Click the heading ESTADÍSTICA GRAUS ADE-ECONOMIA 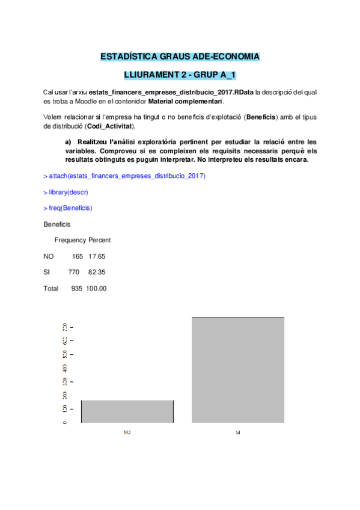click(180, 57)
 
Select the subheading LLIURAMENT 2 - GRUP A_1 click(180, 75)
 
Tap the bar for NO click(127, 411)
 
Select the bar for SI click(238, 370)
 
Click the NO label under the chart click(127, 432)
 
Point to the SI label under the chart click(238, 432)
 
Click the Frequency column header click(70, 240)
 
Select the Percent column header click(99, 240)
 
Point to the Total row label click(51, 289)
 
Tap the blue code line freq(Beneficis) click(68, 208)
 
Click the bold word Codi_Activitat click(111, 126)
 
